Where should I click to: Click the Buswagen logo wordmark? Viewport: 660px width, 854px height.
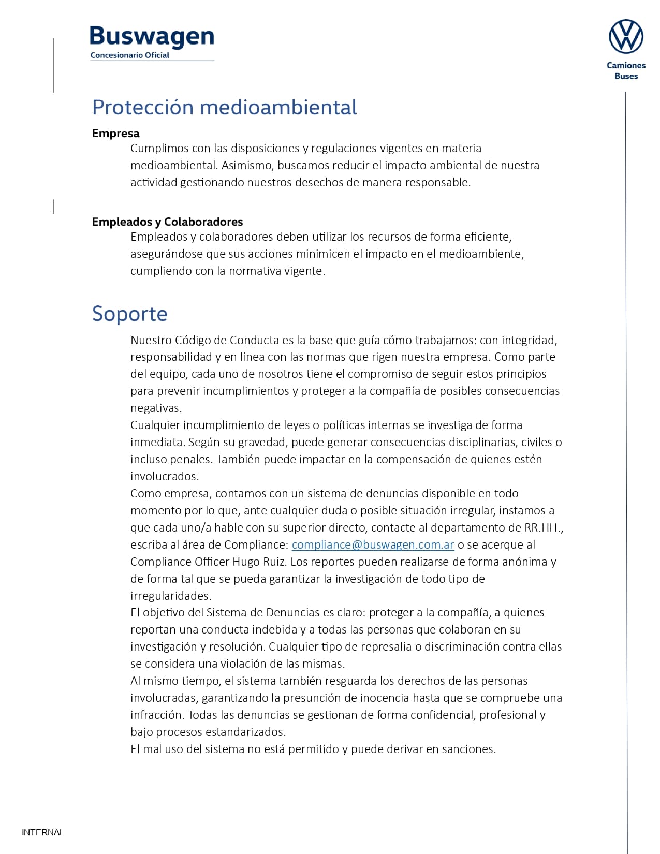coord(152,36)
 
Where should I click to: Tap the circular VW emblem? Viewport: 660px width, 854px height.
coord(626,37)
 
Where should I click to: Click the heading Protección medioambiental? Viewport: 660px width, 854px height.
coord(224,107)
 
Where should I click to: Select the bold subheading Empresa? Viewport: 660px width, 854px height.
coord(115,133)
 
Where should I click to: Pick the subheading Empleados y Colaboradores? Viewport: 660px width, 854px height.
coord(167,222)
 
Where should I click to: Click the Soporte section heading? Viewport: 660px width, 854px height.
coord(129,314)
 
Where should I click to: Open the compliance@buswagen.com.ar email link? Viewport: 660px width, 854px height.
coord(373,544)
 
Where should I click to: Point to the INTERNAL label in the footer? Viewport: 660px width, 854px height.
coord(43,832)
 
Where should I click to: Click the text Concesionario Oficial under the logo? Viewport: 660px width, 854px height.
coord(129,55)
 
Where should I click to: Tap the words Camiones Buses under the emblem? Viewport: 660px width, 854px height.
coord(626,70)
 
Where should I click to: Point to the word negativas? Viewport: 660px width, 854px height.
coord(156,408)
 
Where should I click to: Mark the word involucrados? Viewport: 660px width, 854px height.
coord(164,476)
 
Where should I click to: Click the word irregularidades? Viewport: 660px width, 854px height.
coord(171,596)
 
